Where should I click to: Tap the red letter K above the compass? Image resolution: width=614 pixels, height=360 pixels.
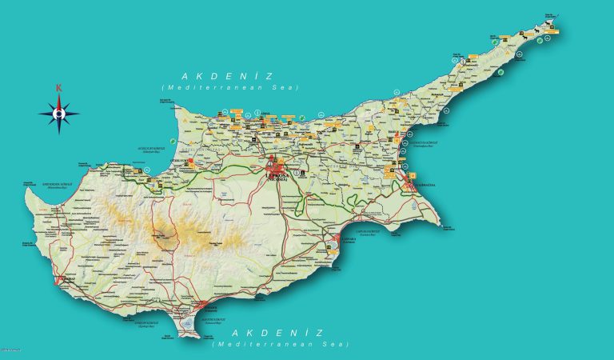(58, 89)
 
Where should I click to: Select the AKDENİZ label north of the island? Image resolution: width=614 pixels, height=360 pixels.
(228, 76)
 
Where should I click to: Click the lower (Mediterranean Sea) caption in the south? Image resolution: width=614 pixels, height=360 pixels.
(281, 343)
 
